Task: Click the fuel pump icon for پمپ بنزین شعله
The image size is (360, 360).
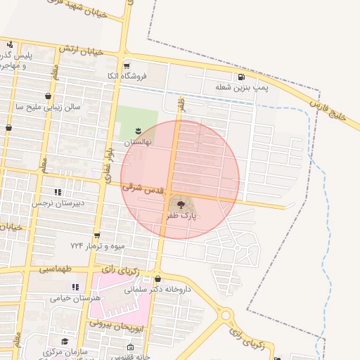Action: [x=242, y=77]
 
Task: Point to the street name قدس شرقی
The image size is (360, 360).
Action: [x=143, y=188]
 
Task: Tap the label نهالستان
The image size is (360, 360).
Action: [x=139, y=141]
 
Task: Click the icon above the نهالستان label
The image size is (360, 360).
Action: [x=139, y=130]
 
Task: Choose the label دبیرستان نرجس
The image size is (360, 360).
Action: [x=58, y=203]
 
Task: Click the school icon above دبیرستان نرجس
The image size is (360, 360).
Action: [x=58, y=191]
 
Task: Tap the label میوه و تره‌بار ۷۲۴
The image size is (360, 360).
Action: [x=96, y=246]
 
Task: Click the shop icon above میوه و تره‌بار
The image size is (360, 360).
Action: [x=97, y=236]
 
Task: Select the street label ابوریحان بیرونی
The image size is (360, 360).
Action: [x=116, y=326]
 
